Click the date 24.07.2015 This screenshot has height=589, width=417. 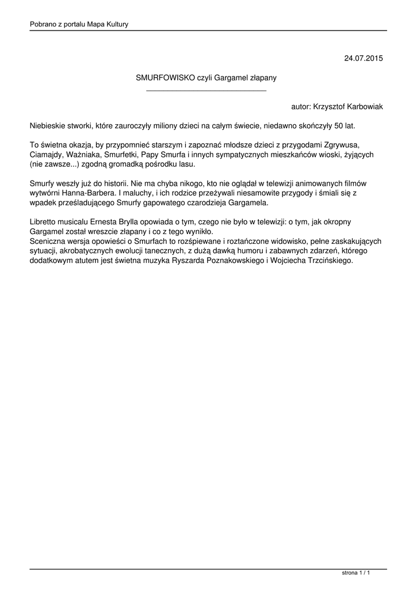pos(363,58)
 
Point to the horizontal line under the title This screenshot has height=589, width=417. pos(206,90)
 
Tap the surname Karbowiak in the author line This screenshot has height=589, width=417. pos(364,106)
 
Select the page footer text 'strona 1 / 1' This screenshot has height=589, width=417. pos(355,573)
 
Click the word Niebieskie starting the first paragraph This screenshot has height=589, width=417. pos(50,125)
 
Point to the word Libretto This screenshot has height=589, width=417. pos(44,222)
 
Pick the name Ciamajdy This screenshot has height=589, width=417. pos(47,155)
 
